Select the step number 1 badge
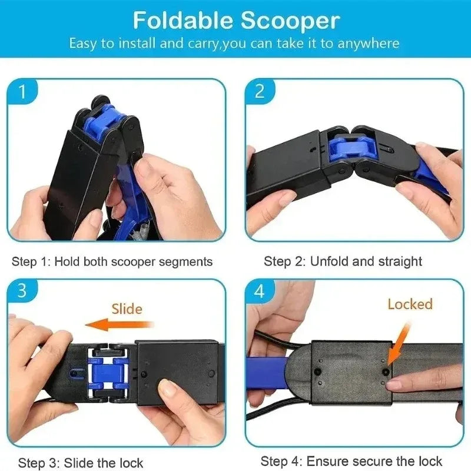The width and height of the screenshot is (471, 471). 22,92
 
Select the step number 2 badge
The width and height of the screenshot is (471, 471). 260,92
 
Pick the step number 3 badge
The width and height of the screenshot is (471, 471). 22,291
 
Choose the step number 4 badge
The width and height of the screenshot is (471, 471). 260,291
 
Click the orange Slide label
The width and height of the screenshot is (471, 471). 127,308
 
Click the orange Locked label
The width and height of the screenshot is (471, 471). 410,304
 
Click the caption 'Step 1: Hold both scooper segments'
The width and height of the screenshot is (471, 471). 112,261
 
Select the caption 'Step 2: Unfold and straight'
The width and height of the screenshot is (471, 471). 343,261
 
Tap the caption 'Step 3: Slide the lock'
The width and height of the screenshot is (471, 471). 81,463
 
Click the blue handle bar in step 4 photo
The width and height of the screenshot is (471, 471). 268,373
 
